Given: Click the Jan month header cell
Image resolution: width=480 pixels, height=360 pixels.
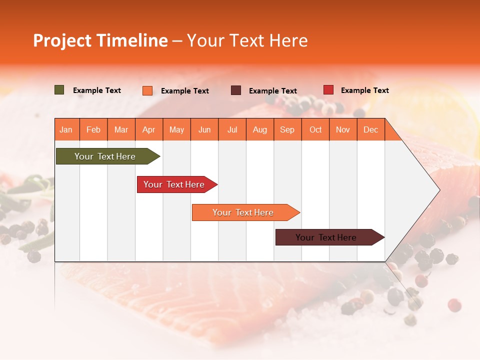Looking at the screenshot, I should (66, 129).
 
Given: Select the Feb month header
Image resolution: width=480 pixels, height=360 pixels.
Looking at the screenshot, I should (93, 129).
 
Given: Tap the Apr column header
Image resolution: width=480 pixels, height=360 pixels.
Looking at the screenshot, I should (149, 129).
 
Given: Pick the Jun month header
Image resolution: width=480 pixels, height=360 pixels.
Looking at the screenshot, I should (204, 129).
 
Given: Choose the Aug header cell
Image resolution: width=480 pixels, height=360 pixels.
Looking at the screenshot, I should (260, 129).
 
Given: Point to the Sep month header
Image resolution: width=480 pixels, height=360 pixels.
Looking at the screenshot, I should (287, 129).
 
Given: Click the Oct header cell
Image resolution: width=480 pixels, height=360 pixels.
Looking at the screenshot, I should (315, 129).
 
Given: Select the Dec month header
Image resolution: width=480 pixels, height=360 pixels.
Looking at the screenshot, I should (371, 129).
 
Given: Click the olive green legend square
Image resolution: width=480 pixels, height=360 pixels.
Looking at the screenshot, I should (59, 90).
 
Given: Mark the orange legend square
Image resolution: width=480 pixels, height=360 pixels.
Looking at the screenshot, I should (147, 90).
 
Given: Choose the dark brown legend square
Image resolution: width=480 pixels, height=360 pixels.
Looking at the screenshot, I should (236, 90).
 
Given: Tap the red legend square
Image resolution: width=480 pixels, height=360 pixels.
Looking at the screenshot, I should (328, 90).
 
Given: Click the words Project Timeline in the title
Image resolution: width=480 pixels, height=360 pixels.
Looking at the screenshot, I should (100, 40).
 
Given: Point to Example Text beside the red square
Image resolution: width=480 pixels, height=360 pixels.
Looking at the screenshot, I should (365, 90).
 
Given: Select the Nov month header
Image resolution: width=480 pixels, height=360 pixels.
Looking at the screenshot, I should (343, 129).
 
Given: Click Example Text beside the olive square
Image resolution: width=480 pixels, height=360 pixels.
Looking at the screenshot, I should (97, 90).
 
